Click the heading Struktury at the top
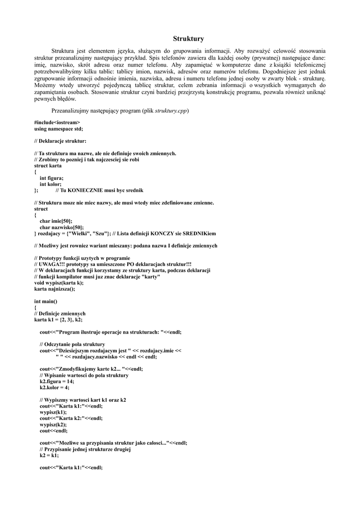coord(188,38)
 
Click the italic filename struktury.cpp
coord(172,110)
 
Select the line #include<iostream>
coord(57,122)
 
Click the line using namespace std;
coord(59,128)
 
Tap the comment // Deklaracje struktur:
coord(60,141)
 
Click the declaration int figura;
coord(52,178)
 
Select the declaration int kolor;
coord(51,184)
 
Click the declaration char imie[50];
coord(56,221)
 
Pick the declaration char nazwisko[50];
coord(62,227)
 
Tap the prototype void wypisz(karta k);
coord(59,282)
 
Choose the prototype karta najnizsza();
coord(55,289)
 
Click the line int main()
coord(46,301)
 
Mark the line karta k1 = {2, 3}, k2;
coord(58,320)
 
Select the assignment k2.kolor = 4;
coord(54,387)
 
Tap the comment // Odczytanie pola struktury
coord(72,344)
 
